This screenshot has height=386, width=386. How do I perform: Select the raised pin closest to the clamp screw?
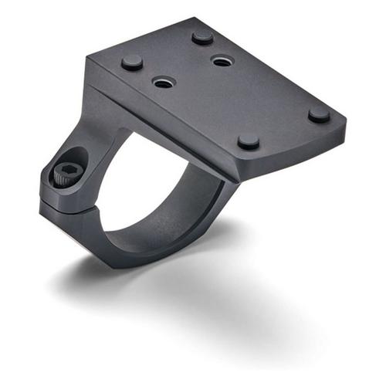pyautogui.click(x=132, y=63)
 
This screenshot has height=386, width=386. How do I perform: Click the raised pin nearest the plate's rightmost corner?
pyautogui.click(x=319, y=114)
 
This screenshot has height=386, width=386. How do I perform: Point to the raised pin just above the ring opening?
pyautogui.click(x=248, y=141)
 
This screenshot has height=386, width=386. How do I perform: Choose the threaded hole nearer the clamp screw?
pyautogui.click(x=162, y=81)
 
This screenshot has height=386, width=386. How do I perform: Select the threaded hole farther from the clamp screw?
pyautogui.click(x=221, y=60)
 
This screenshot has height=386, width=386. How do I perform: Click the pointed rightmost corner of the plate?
pyautogui.click(x=344, y=124)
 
